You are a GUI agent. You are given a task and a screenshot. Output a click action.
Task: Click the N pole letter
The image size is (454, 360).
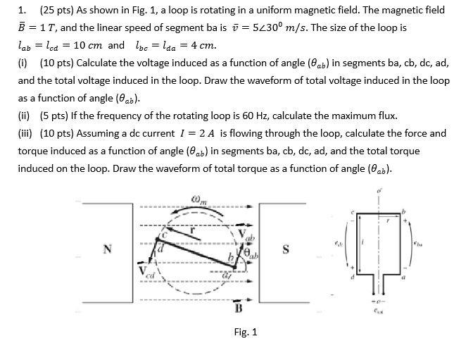pos(107,248)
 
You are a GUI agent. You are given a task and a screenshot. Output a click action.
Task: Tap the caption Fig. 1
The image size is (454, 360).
pos(246,332)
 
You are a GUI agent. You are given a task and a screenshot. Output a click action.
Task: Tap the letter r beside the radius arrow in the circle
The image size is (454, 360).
pos(188,229)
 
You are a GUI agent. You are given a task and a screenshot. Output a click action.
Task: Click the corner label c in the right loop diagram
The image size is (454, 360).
pos(362,212)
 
